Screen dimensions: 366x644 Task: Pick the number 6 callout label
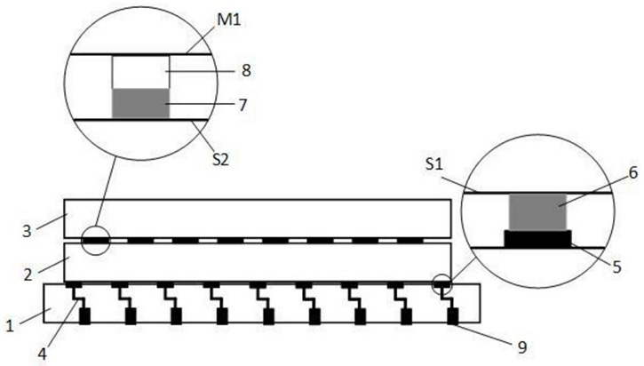[631, 174]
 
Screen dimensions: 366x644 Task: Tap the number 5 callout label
[631, 267]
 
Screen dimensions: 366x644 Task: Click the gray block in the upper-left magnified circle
[139, 104]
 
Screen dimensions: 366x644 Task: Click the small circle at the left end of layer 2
[96, 241]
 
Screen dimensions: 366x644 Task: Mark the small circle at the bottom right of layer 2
[442, 285]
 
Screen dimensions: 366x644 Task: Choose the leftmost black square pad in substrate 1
[86, 316]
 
